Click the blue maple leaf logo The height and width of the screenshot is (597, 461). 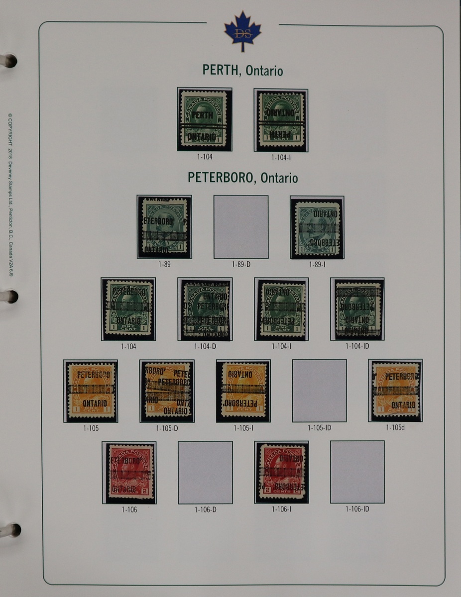[242, 31]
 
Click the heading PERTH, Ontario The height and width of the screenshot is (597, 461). [242, 71]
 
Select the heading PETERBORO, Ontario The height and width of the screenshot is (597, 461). [242, 178]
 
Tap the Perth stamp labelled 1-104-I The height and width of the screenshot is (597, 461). [281, 120]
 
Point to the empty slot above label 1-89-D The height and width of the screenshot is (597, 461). [241, 227]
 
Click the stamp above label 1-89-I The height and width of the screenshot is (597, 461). [317, 227]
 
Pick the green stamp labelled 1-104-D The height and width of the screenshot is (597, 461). [205, 309]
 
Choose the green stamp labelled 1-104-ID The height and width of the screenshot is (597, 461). [357, 309]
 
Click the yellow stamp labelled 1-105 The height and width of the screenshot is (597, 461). [91, 391]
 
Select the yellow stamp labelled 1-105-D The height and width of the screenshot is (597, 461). [167, 391]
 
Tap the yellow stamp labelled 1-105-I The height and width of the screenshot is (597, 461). [243, 391]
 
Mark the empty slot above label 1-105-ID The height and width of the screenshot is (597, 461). [319, 391]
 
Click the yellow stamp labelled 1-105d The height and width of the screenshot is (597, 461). [395, 391]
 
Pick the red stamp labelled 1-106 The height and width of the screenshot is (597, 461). [129, 473]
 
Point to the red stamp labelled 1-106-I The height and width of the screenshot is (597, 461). [281, 473]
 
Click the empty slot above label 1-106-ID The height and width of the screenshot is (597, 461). [357, 472]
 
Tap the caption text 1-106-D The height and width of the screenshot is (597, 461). [205, 509]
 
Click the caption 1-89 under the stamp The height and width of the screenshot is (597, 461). [164, 265]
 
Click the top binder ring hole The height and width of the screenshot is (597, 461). [9, 61]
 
